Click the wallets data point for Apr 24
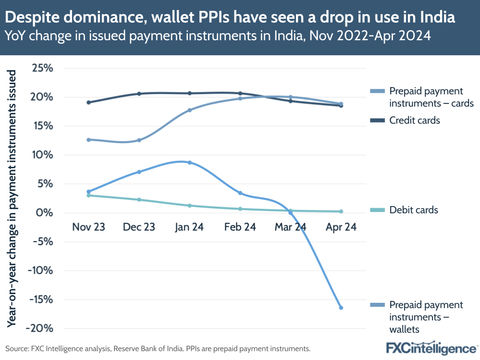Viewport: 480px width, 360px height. coord(341,308)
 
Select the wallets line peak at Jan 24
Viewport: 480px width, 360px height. coord(190,162)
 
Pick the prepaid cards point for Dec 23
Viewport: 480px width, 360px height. coord(139,140)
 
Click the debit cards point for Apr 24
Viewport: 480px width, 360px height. coord(341,211)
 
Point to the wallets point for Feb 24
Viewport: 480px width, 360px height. coord(240,193)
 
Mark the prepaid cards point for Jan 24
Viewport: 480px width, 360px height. coord(190,110)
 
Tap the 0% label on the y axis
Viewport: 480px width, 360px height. coord(45,213)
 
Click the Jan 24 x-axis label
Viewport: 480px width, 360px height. coord(189,227)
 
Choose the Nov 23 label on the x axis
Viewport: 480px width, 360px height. coord(88,227)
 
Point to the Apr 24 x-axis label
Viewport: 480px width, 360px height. coord(341,227)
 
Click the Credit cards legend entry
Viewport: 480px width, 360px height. coord(414,121)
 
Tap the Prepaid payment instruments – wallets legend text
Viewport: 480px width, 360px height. coord(419,317)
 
